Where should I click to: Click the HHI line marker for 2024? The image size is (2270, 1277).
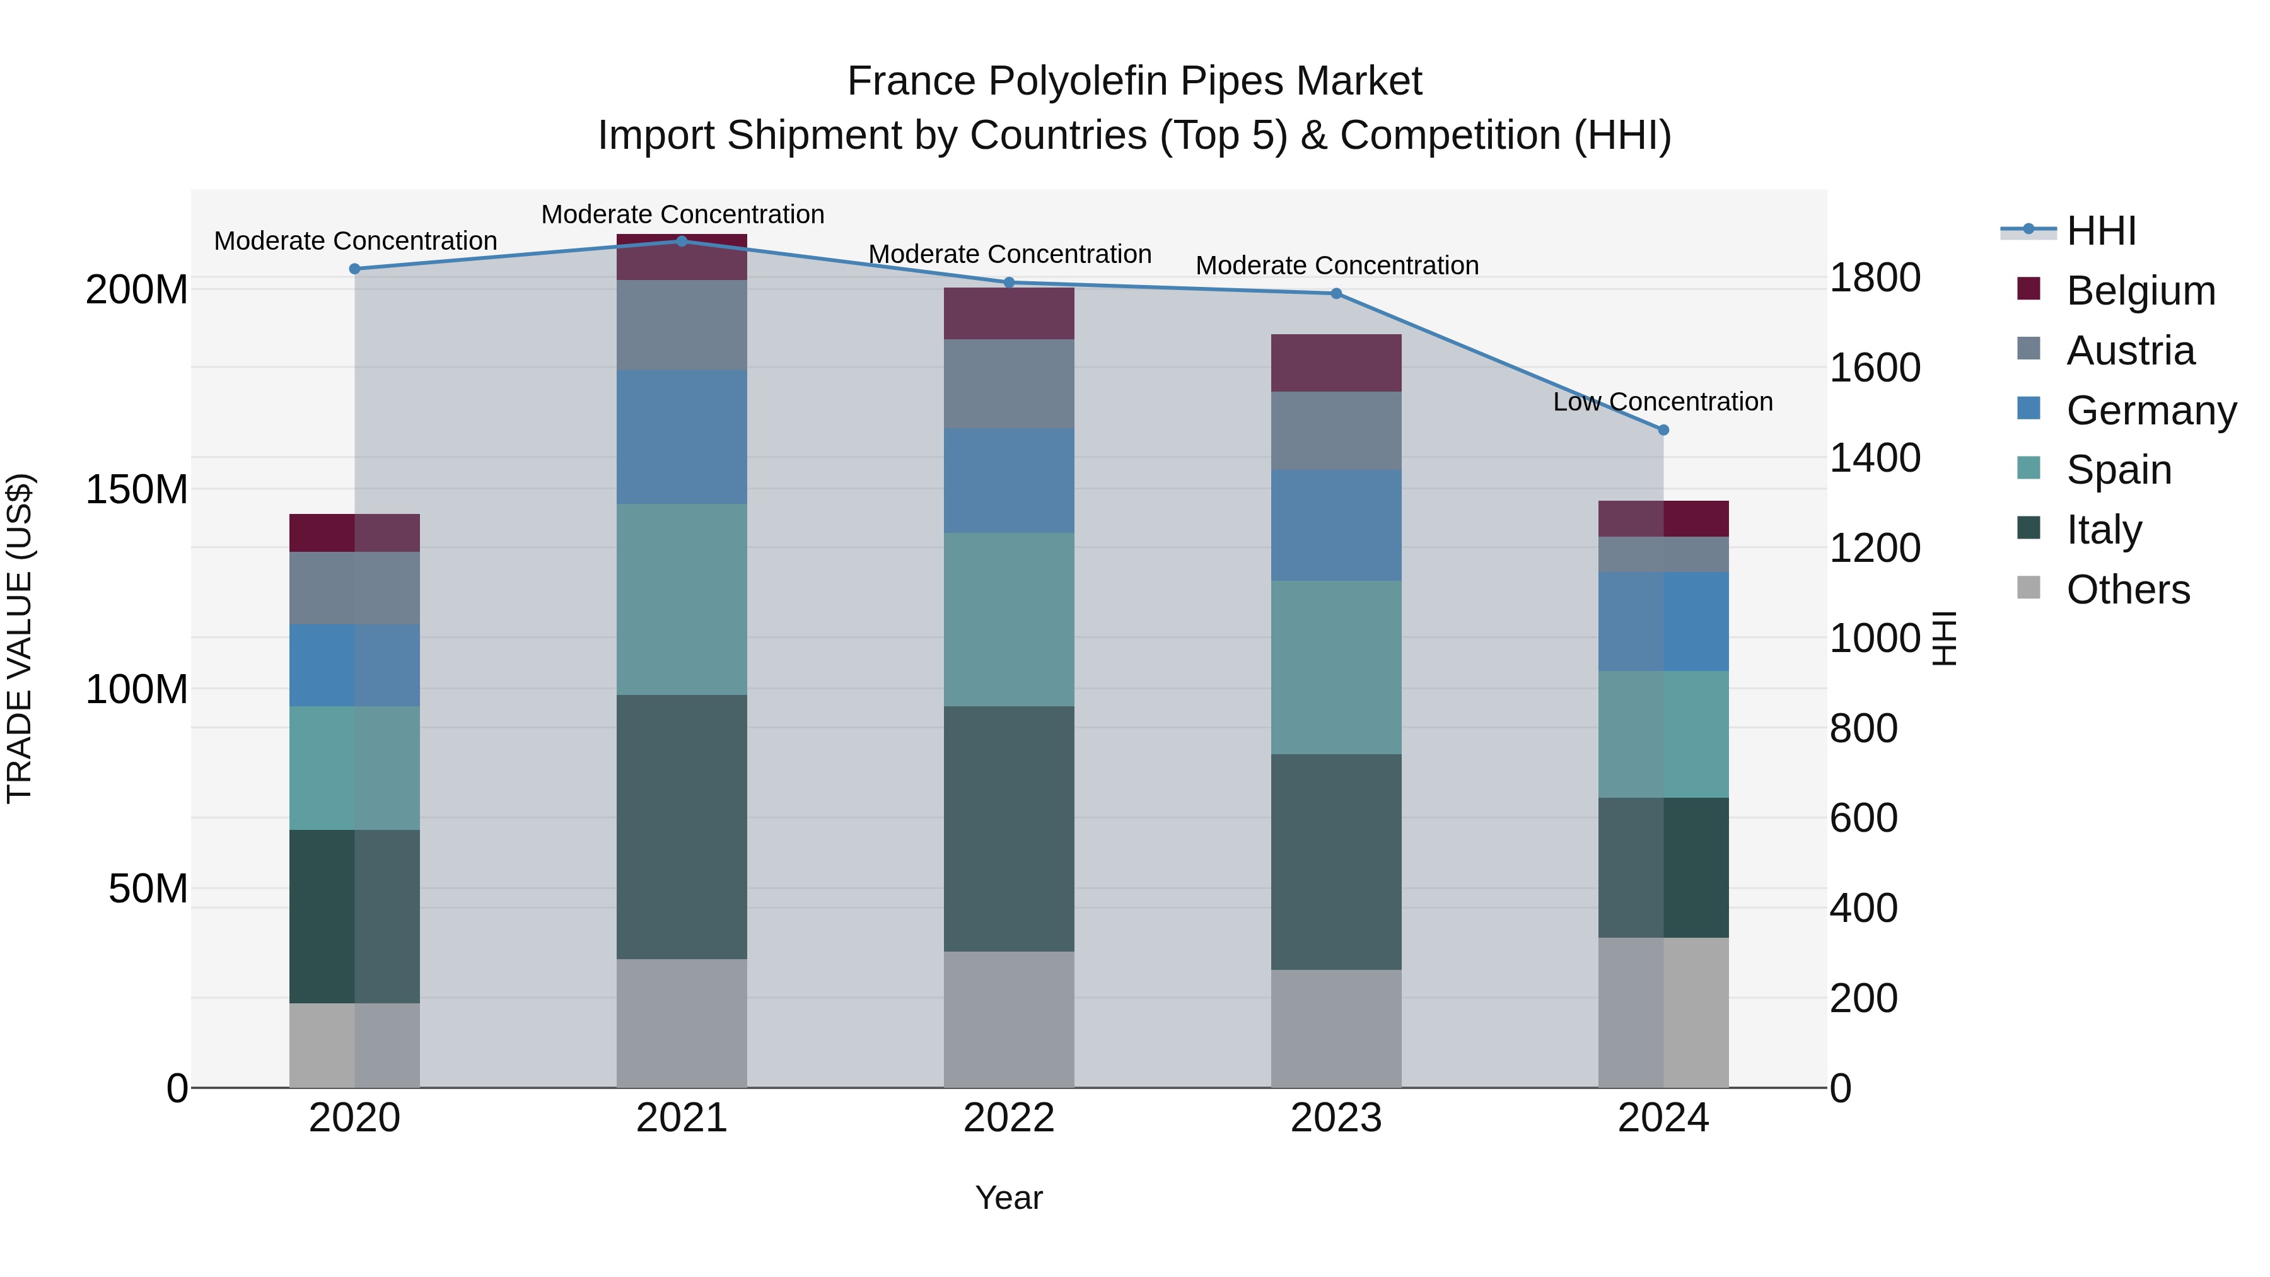pos(1663,430)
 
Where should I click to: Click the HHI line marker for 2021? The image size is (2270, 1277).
pos(681,241)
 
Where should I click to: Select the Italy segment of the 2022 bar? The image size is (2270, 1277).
pos(1009,829)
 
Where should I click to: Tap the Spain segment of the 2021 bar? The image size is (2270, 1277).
pos(681,599)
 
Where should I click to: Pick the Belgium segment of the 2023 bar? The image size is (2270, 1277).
pos(1336,363)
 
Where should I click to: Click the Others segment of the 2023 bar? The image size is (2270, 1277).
pos(1336,1029)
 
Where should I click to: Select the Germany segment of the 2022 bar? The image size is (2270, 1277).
pos(1009,481)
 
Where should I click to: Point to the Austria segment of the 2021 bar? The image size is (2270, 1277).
pos(681,325)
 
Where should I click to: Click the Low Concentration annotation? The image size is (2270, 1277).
pos(1662,402)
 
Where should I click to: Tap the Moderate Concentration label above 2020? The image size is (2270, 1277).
pos(355,241)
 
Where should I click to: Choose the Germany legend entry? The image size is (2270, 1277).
pos(2150,411)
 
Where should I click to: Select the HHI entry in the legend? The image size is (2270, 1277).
pos(2101,231)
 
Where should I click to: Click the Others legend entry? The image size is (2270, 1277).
pos(2127,590)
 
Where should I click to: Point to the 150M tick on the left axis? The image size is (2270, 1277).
pos(137,489)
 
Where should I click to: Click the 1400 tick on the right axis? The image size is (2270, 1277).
pos(1875,458)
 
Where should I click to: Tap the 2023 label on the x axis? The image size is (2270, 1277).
pos(1336,1118)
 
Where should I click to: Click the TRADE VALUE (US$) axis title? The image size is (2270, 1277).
pos(20,638)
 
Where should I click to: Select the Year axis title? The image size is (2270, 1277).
pos(1009,1198)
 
